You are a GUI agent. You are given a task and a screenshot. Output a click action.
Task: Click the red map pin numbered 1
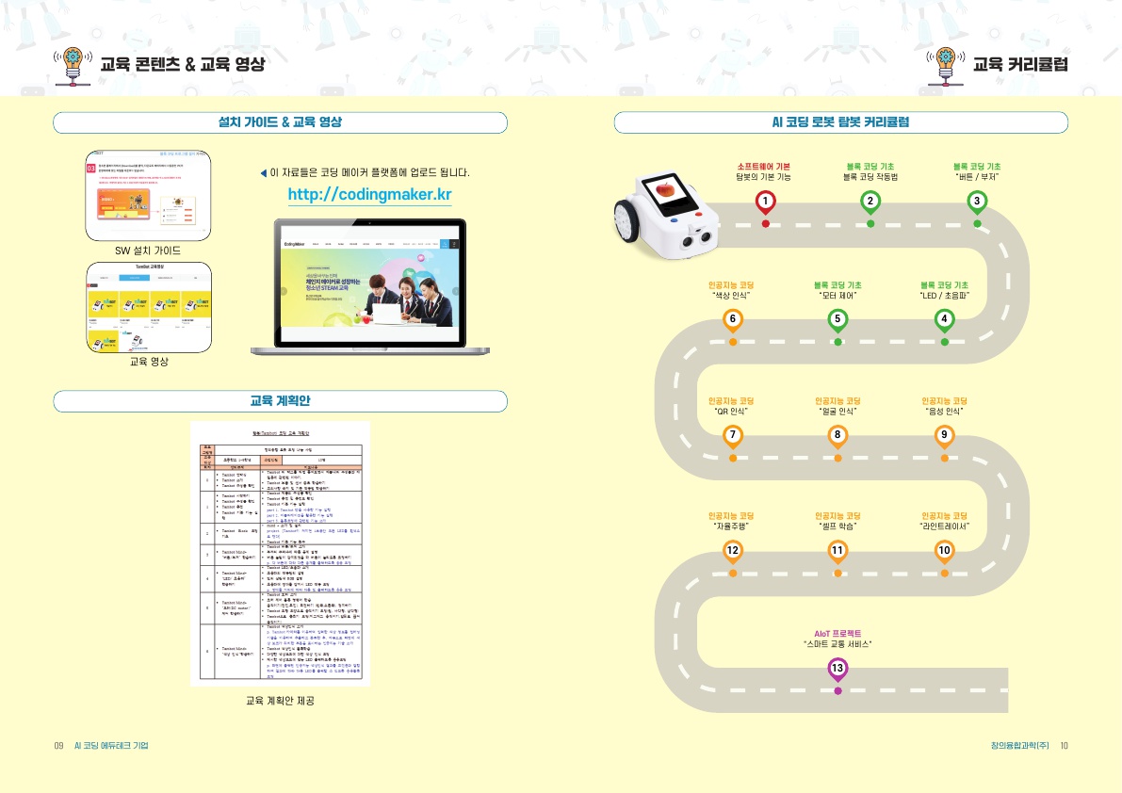coord(766,201)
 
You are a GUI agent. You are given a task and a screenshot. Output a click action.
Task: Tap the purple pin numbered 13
coord(837,668)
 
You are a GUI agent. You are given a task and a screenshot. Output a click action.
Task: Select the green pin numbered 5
coord(837,319)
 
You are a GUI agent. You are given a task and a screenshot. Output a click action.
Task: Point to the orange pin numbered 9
coord(944,434)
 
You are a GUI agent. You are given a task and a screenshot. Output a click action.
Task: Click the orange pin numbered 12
coord(732,550)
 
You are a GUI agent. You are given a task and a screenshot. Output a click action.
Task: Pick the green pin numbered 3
coord(978,201)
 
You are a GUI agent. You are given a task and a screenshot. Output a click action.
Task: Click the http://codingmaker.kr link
coord(369,195)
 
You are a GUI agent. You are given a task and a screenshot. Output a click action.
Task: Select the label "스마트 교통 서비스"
coord(837,644)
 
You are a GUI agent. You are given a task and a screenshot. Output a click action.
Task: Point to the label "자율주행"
coord(732,526)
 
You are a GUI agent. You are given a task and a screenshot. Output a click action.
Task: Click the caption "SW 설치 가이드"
coord(148,251)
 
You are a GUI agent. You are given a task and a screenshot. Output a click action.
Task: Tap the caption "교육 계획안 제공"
coord(280,701)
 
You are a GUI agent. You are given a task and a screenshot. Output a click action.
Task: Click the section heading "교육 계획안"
coord(280,401)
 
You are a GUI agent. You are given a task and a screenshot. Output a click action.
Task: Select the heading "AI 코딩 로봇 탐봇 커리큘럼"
coord(840,122)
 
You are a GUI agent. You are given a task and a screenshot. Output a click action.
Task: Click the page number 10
coord(1064,746)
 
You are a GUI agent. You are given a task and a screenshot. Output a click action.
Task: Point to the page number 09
coord(58,746)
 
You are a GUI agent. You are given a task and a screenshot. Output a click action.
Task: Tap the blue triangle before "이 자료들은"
coord(264,173)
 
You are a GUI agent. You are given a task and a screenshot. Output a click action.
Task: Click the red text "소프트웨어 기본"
coord(763,167)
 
